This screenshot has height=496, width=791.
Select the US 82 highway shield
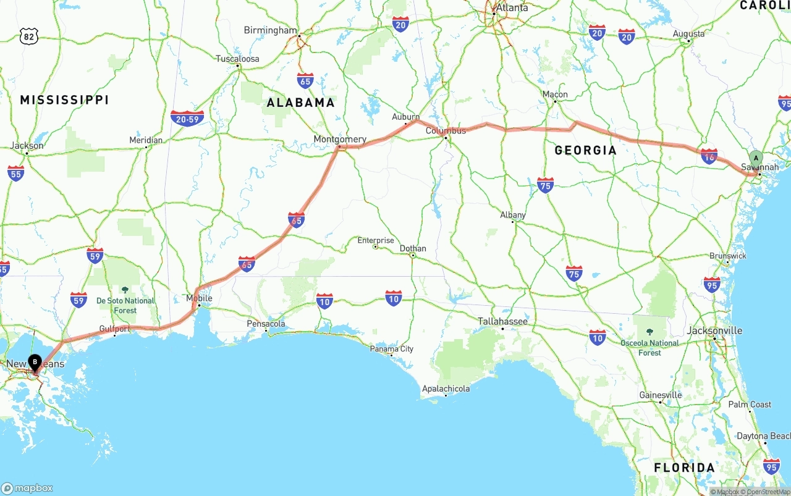pos(28,36)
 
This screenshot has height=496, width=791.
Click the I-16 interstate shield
pos(709,156)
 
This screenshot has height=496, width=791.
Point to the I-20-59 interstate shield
pos(187,118)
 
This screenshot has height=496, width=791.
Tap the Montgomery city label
pos(340,139)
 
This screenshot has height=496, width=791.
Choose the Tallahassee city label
pos(502,321)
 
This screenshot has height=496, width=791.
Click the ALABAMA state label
pos(301,103)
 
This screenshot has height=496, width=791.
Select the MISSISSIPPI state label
pos(64,99)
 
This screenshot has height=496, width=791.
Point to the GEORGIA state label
pos(585,150)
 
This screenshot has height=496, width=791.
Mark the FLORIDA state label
pos(684,468)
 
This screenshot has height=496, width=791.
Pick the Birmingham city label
pos(270,30)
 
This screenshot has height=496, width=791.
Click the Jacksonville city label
pos(714,330)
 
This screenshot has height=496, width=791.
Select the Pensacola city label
pos(266,324)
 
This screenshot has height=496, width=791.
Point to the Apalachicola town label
pos(446,389)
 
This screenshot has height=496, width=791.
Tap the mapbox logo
pos(27,488)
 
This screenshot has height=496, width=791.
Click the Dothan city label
pos(413,248)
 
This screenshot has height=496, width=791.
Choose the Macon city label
pos(555,95)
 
